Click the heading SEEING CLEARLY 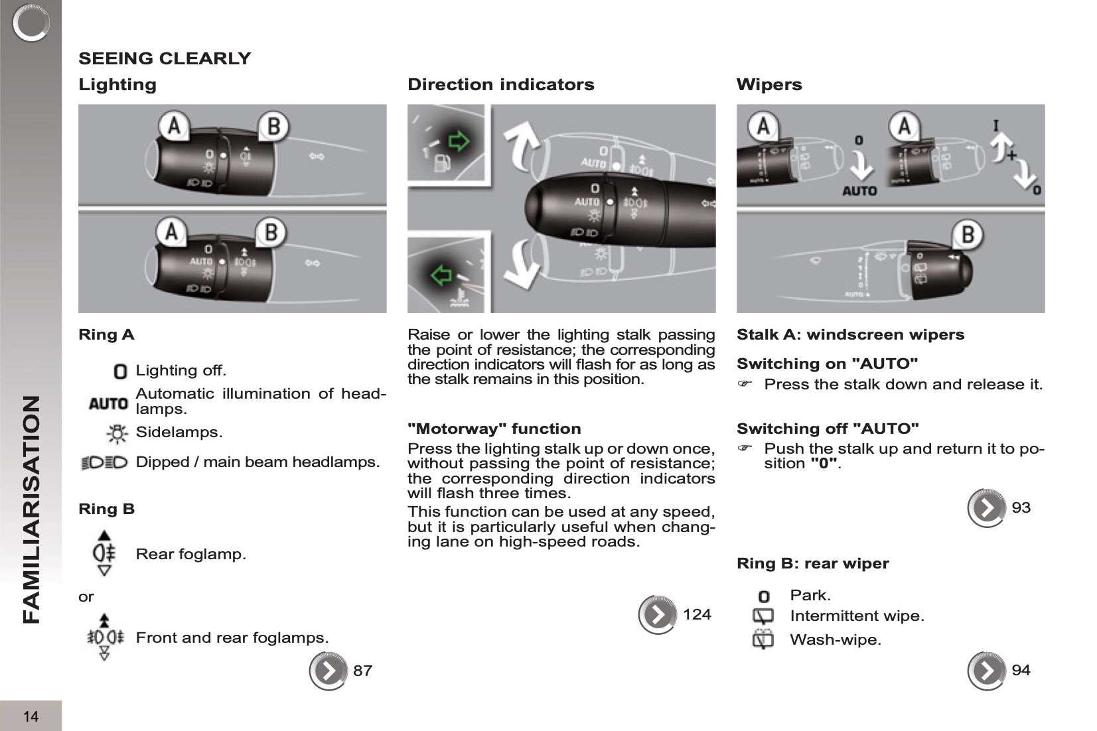tap(165, 58)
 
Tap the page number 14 tap(31, 716)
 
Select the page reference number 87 tap(362, 671)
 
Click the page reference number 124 tap(697, 615)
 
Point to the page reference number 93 tap(1021, 508)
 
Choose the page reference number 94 tap(1021, 671)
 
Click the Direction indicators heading tap(500, 85)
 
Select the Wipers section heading tap(768, 85)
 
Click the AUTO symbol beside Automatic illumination tap(108, 403)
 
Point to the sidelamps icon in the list tap(117, 433)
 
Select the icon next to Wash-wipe tap(763, 640)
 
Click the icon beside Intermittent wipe tap(763, 616)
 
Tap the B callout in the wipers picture tap(967, 235)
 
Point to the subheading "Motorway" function tap(494, 429)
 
